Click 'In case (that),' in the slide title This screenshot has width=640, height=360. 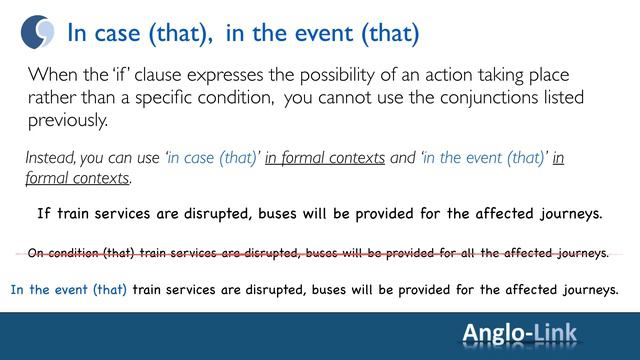point(140,33)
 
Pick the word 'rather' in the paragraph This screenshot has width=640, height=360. point(53,98)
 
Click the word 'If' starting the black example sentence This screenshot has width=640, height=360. point(44,214)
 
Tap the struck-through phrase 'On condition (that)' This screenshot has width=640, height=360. point(83,253)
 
